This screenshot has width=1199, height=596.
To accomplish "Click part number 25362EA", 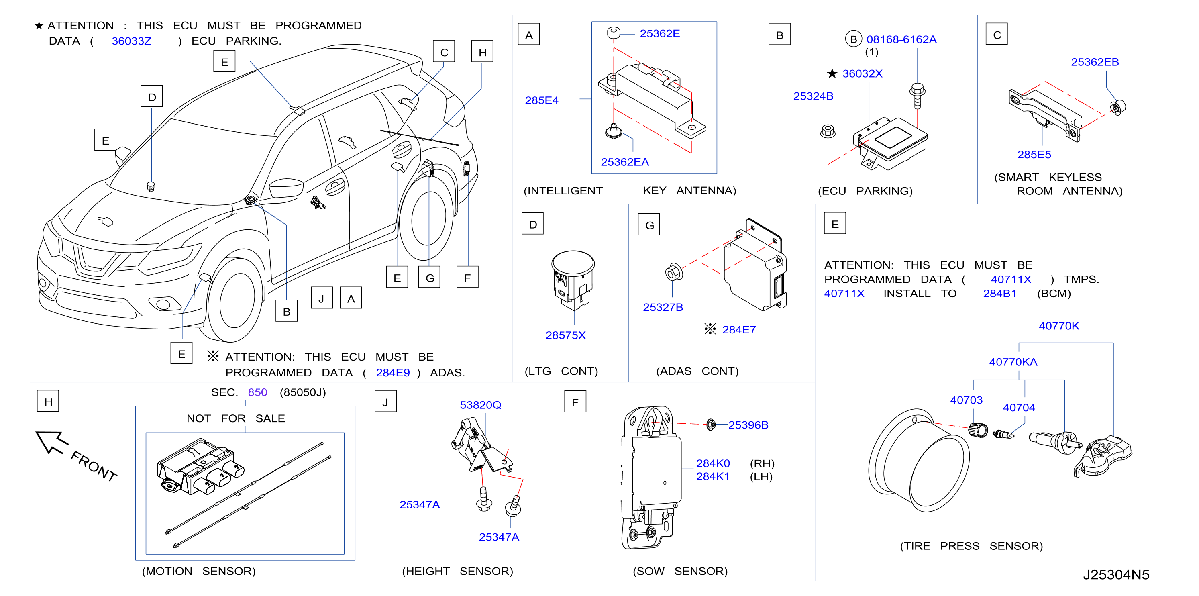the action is pyautogui.click(x=625, y=162).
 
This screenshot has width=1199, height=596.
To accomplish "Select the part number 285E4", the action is pyautogui.click(x=541, y=100).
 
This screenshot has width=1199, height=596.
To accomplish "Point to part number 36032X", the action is pyautogui.click(x=862, y=73).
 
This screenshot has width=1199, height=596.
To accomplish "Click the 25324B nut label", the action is pyautogui.click(x=813, y=96).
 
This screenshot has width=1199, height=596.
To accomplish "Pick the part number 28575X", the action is pyautogui.click(x=565, y=335).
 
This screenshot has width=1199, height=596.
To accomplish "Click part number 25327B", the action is pyautogui.click(x=663, y=307).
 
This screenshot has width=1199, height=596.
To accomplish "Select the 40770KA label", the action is pyautogui.click(x=1013, y=362).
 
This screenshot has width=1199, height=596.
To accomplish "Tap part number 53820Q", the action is pyautogui.click(x=480, y=405).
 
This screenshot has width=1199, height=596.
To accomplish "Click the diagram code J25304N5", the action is pyautogui.click(x=1116, y=575).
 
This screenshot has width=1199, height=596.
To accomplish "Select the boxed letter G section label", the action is pyautogui.click(x=649, y=225).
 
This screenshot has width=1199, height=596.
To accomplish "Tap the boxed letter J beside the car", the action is pyautogui.click(x=322, y=298).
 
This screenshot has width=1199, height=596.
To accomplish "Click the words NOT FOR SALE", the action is pyautogui.click(x=236, y=418).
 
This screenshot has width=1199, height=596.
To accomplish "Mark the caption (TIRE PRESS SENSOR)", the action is pyautogui.click(x=971, y=546).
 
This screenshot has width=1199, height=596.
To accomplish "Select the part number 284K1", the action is pyautogui.click(x=713, y=476).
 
